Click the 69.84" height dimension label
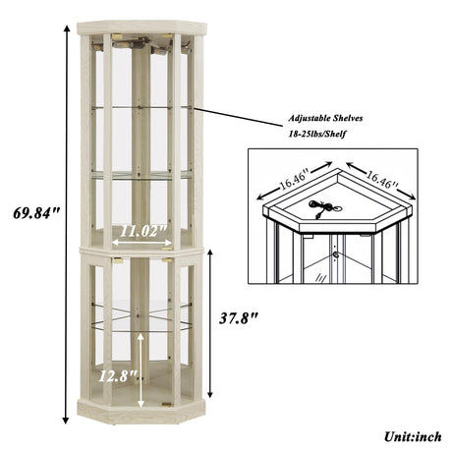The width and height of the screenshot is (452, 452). (36, 213)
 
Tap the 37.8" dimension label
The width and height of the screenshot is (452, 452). (239, 318)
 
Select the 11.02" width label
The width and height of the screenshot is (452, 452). (143, 231)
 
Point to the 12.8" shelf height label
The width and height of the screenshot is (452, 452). (117, 376)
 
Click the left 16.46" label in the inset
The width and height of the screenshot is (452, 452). (294, 180)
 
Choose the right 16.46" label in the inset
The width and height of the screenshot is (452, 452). (382, 180)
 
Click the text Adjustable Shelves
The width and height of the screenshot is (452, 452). (325, 118)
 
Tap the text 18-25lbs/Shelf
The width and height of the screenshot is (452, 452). (317, 134)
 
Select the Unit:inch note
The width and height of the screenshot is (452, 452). (413, 436)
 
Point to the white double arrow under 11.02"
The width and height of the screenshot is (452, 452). (141, 243)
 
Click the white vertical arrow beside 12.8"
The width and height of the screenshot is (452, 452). (141, 370)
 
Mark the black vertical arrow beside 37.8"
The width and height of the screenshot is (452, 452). (210, 323)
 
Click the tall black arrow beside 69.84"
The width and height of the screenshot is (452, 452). (67, 225)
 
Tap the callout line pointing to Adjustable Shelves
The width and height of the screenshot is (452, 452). (239, 117)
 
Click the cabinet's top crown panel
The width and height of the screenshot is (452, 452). (141, 28)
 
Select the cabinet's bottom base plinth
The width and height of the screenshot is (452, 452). (141, 411)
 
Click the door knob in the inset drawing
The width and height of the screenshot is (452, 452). (335, 254)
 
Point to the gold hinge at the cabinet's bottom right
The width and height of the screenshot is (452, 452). (167, 405)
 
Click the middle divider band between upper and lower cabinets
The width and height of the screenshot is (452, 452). (141, 251)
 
